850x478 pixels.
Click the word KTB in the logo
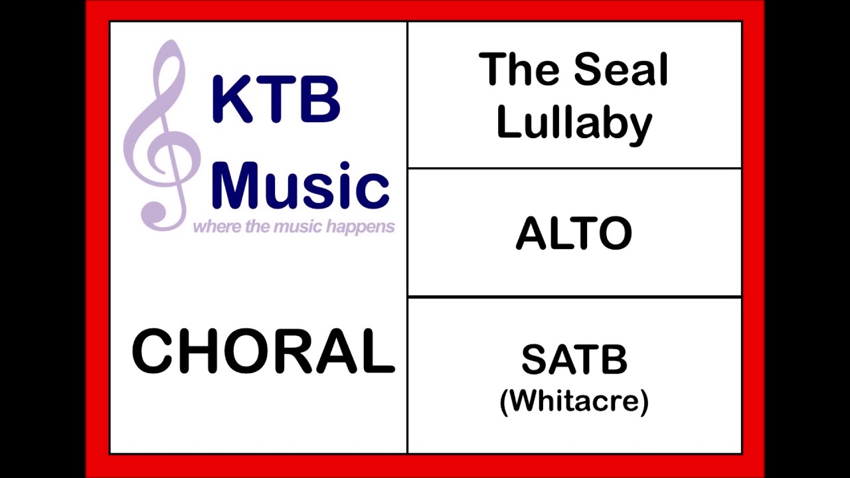coord(276,100)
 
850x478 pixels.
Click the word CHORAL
coord(263,351)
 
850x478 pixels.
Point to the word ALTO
coord(574,234)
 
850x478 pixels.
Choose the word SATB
coord(574,360)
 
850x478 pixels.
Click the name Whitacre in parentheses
coord(574,401)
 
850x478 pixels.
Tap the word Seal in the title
coord(621,70)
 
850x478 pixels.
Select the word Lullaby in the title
coord(574,123)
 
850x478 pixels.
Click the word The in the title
coord(519,70)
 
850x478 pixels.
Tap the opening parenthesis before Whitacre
coord(504,402)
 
